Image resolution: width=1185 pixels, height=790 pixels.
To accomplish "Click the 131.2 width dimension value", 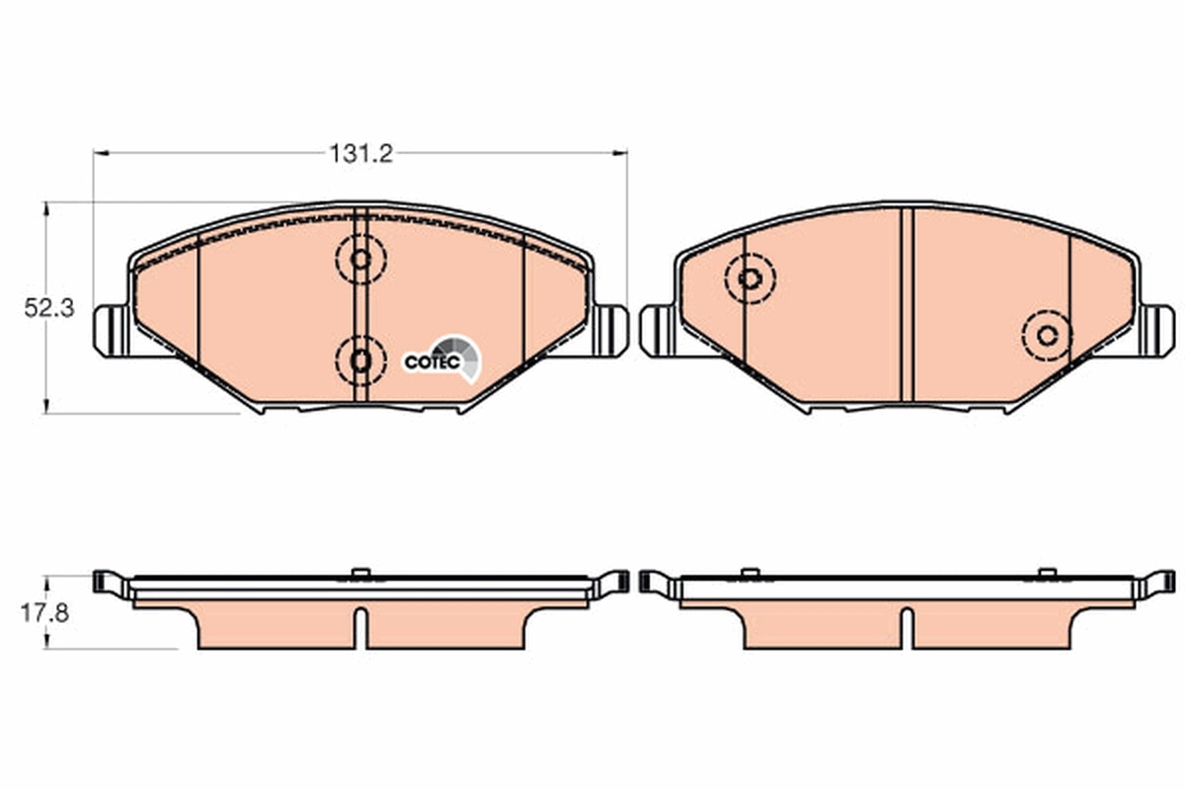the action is (x=360, y=154).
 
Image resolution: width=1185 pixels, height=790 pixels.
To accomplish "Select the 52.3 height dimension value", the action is (x=49, y=308).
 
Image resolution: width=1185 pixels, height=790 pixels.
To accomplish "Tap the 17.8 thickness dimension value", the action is (x=45, y=613).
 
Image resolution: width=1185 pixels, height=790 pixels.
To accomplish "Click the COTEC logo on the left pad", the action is (x=442, y=359).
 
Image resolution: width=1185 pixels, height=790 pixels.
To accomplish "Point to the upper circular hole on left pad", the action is (x=360, y=260).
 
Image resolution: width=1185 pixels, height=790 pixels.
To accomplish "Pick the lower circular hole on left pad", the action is (x=360, y=360).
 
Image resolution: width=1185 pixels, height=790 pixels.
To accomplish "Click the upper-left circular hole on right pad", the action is (x=750, y=278).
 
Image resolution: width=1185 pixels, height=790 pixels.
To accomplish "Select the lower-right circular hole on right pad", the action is (x=1047, y=336).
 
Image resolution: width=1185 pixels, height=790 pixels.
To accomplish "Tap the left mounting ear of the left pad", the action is (x=111, y=331).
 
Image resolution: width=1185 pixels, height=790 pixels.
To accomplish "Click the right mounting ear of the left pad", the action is (x=610, y=331).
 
